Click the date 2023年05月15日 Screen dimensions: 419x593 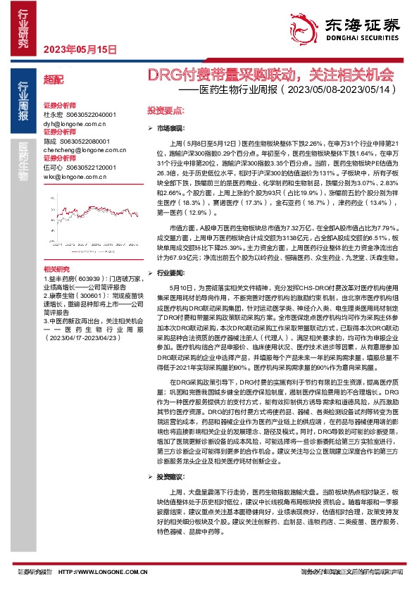79,49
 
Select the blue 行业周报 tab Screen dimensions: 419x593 24,102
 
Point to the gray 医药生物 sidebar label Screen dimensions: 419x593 24,161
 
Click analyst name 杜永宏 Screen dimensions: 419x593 54,114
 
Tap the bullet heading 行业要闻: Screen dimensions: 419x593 173,271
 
